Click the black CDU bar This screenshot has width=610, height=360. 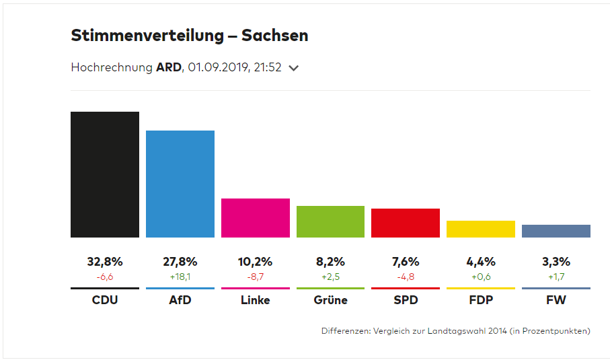coord(105,174)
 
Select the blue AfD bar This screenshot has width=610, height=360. coord(180,184)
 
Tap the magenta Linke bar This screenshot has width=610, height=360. coord(256,218)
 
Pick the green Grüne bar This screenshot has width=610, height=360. coord(330,221)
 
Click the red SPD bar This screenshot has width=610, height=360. coord(406,223)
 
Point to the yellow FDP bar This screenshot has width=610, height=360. coord(481,229)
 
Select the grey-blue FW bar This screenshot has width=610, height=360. coord(556,231)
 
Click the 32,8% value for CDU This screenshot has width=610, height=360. coord(105,262)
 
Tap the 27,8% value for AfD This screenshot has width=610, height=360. coord(180,262)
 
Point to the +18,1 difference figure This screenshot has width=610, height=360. coord(180,276)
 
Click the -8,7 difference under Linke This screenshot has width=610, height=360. coord(256,276)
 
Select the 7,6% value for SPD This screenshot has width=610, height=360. coord(406,262)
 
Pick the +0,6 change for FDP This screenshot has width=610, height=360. coord(481,276)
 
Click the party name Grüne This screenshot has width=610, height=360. coord(330,300)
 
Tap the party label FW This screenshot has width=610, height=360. coord(556,300)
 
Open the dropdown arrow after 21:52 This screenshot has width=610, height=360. coord(293,68)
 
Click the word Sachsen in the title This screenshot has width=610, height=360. coord(278,36)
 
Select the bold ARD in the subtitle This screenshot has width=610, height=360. coord(168,67)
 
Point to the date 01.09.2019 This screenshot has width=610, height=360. coord(218,67)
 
